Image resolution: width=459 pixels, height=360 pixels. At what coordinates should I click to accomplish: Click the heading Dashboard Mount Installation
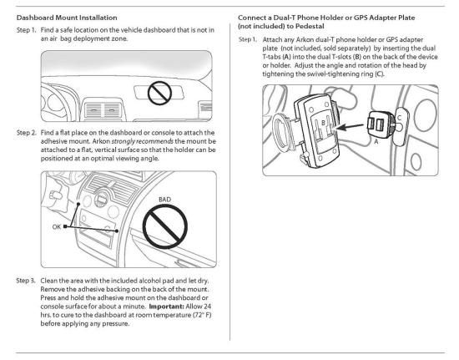coord(67,18)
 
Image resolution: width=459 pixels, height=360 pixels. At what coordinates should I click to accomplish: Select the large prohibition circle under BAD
coord(165,226)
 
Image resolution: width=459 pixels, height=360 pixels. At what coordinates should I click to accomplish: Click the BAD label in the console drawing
coord(164,200)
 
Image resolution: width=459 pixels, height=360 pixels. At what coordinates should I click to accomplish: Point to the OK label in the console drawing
coord(57,226)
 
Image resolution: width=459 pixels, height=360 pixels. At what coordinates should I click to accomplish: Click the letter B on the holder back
coord(324,123)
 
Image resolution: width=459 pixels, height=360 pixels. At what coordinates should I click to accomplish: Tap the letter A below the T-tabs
coord(376,142)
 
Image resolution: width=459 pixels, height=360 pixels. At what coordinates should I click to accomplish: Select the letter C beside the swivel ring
coord(399,118)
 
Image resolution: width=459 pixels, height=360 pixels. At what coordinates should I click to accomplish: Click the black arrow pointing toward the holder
coord(351,127)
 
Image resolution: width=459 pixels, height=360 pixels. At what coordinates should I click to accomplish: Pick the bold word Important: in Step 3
coord(167,307)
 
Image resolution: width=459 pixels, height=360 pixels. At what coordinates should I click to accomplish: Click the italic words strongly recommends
coord(143,141)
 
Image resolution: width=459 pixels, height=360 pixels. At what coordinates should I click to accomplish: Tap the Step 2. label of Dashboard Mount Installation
coord(27,133)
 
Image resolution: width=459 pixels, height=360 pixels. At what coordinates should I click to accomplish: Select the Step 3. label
coord(26,281)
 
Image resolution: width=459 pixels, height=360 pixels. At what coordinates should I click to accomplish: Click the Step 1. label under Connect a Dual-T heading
coord(248,39)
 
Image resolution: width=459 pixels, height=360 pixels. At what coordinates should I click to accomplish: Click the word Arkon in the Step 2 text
coord(101,141)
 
